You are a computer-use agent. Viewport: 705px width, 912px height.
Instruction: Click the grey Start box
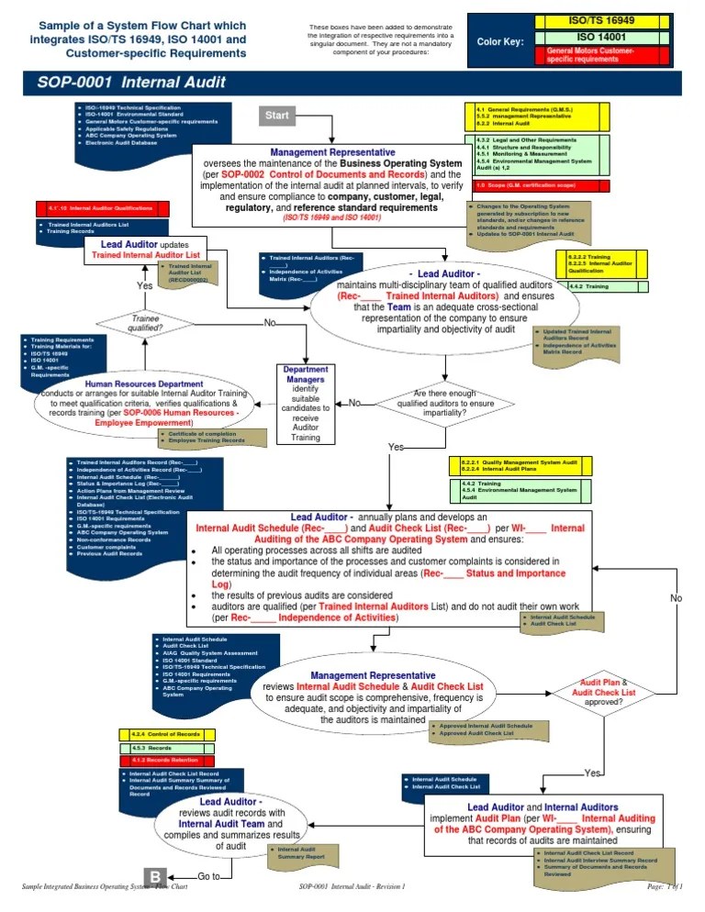pyautogui.click(x=277, y=116)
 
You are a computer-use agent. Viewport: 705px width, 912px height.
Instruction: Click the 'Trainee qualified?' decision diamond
pyautogui.click(x=145, y=322)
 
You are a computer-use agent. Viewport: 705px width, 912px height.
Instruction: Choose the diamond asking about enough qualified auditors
pyautogui.click(x=444, y=403)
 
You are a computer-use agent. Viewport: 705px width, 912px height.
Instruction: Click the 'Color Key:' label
pyautogui.click(x=499, y=41)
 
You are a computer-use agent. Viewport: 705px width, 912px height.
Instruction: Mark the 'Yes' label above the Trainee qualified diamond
pyautogui.click(x=145, y=286)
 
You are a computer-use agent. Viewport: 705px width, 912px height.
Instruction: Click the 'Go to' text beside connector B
pyautogui.click(x=208, y=876)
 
